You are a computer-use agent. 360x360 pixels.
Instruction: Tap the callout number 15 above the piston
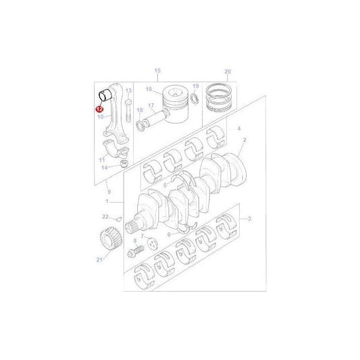(x=158, y=71)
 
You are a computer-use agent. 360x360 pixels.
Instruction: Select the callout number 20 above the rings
(x=228, y=71)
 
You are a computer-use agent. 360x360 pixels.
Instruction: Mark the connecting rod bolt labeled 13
(x=129, y=103)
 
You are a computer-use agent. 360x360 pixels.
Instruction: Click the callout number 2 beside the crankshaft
(x=245, y=140)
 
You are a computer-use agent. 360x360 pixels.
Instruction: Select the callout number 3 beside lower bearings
(x=249, y=219)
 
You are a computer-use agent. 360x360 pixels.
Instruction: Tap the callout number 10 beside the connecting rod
(x=100, y=117)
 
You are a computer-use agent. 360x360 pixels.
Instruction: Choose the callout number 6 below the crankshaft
(x=169, y=234)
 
